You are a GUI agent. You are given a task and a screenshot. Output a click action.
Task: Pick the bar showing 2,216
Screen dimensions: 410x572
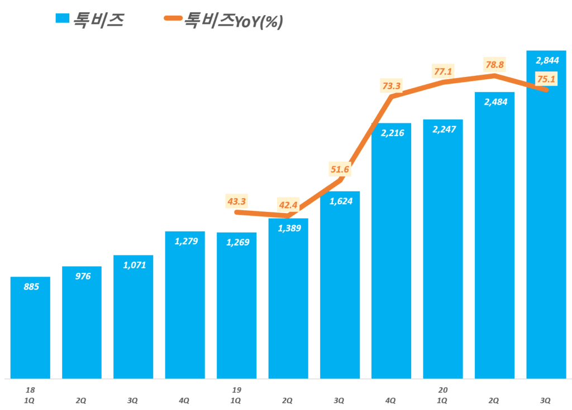point(391,251)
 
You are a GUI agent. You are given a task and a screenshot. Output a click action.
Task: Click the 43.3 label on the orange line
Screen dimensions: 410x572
point(237,200)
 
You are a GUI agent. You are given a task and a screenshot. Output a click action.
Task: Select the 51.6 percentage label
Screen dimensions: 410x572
point(340,170)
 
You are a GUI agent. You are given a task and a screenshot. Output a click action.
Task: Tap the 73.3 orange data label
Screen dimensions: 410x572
point(392,86)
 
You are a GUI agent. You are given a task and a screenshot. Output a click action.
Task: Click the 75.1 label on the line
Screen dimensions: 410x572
point(546,79)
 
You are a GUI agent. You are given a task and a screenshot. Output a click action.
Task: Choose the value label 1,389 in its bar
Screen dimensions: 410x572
point(288,229)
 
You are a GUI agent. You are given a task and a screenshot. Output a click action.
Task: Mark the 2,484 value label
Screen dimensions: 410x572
point(494,102)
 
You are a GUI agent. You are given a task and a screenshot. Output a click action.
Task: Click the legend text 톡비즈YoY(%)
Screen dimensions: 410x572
point(234,21)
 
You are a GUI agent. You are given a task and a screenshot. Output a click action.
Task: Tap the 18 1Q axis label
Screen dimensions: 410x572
point(30,395)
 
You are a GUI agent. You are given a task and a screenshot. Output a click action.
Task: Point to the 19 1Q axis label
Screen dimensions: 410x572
point(236,395)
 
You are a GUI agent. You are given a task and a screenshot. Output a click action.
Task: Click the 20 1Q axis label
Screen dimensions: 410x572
point(442,395)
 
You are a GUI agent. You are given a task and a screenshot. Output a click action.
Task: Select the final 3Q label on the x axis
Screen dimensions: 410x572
point(546,400)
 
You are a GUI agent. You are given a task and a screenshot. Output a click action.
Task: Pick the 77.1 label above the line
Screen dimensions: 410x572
point(442,71)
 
